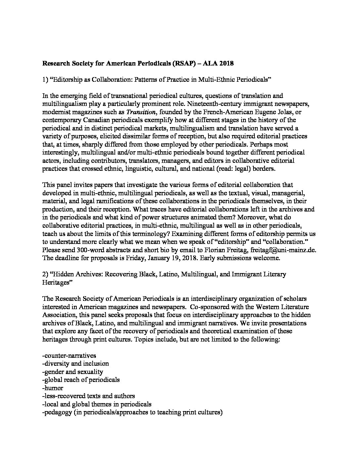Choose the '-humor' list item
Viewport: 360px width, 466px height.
(x=53, y=388)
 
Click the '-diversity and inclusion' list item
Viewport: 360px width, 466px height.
(x=76, y=364)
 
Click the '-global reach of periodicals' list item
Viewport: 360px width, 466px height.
(x=81, y=380)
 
